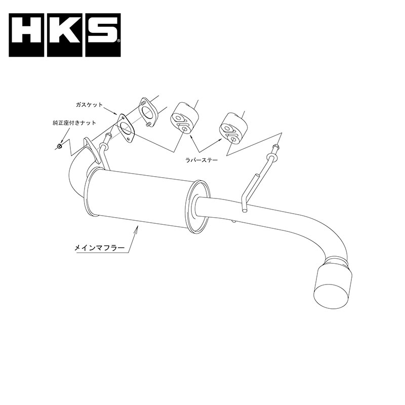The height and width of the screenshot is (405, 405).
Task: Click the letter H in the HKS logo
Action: pyautogui.click(x=26, y=35)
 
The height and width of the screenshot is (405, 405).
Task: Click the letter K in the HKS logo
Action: pyautogui.click(x=65, y=35)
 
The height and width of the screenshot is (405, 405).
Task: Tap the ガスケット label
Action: pyautogui.click(x=89, y=105)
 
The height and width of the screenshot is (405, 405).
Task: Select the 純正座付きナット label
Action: pyautogui.click(x=74, y=123)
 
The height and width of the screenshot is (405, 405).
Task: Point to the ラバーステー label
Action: pyautogui.click(x=201, y=160)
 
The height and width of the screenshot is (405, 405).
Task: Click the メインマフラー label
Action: pyautogui.click(x=99, y=248)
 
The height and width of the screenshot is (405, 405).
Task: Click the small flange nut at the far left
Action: pyautogui.click(x=59, y=147)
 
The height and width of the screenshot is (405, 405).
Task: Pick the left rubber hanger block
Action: pyautogui.click(x=184, y=118)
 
